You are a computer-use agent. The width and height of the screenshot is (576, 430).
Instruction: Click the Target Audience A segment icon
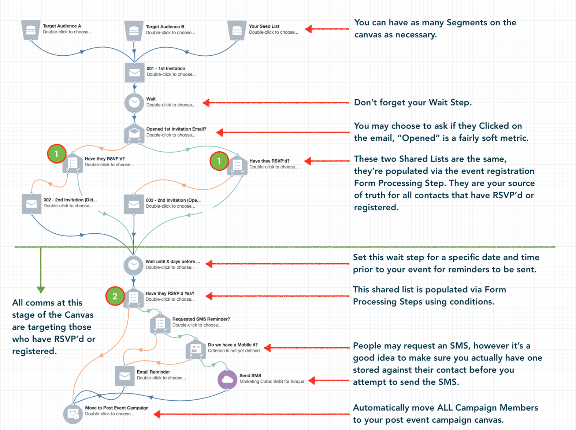(x=31, y=30)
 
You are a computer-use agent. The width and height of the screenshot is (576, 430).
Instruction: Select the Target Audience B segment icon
(x=134, y=31)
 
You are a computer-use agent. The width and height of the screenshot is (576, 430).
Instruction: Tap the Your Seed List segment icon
(x=237, y=30)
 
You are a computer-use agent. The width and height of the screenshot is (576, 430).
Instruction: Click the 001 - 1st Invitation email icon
(x=134, y=73)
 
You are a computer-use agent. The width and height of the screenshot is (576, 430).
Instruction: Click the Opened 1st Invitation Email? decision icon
(x=134, y=133)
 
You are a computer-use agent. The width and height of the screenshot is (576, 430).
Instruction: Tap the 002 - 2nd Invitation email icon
(x=31, y=204)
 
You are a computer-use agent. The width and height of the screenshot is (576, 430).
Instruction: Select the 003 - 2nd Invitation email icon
(x=134, y=204)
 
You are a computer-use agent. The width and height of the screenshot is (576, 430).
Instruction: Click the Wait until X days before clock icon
(x=133, y=265)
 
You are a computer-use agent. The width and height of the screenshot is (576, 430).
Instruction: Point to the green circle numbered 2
(x=115, y=296)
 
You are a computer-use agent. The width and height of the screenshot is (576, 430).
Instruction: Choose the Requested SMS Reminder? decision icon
(x=160, y=323)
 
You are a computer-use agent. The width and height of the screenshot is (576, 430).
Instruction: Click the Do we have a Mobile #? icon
(x=196, y=349)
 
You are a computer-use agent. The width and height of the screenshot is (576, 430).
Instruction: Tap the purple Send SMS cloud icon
(x=227, y=379)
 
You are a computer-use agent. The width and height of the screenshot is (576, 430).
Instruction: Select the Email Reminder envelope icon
(x=125, y=376)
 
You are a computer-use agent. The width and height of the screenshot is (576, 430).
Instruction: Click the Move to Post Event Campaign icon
(x=73, y=414)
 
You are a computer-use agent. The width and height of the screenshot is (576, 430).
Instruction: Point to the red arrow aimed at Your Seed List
(x=327, y=29)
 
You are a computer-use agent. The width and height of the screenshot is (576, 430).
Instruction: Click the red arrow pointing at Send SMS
(x=328, y=381)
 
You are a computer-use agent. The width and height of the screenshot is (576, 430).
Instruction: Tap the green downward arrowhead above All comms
(x=41, y=290)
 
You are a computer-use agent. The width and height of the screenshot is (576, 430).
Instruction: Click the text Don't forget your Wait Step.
(x=413, y=103)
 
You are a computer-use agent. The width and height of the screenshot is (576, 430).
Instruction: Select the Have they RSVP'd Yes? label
(x=170, y=293)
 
